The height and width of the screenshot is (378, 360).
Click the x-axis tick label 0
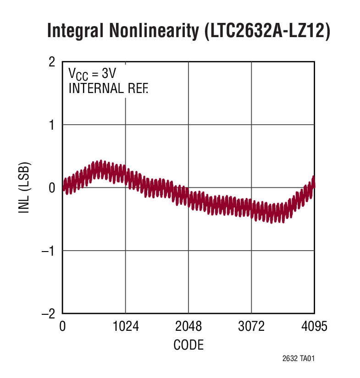[63, 327]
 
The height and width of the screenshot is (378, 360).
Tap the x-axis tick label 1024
[126, 327]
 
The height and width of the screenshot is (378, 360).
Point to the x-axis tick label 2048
[188, 327]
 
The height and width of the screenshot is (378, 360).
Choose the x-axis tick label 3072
[251, 327]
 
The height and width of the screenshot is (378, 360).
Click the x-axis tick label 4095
[314, 327]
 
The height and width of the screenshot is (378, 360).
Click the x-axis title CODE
[188, 345]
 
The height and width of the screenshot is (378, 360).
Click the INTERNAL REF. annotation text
[108, 88]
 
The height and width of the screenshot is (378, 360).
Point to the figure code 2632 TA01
[298, 359]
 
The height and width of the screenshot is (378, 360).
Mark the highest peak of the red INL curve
[101, 161]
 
